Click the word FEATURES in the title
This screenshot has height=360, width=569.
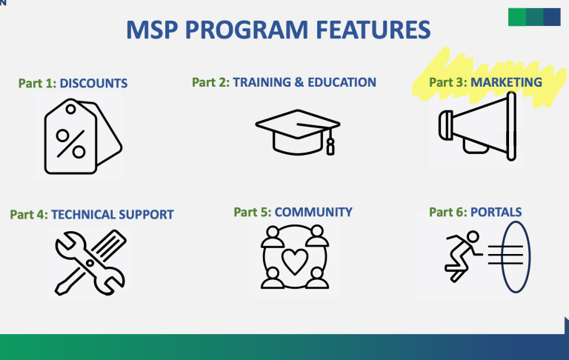[373, 30]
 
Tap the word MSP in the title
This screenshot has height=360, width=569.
[153, 30]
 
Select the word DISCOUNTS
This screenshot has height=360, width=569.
[93, 84]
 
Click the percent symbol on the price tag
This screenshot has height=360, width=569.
[71, 144]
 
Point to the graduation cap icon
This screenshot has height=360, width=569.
[298, 132]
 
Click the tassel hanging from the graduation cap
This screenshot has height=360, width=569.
[330, 144]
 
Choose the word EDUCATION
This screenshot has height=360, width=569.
[342, 82]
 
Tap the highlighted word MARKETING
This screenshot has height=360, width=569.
[506, 82]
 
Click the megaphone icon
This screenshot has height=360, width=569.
[477, 126]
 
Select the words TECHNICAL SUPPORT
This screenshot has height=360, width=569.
[113, 215]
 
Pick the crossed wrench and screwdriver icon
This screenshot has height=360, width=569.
[90, 262]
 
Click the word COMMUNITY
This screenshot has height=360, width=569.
[313, 213]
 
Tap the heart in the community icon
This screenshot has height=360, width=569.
[295, 261]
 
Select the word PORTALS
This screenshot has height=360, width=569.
[496, 213]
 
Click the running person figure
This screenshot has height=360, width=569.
[463, 256]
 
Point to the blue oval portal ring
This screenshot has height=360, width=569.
[502, 257]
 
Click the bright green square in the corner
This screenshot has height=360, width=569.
[516, 17]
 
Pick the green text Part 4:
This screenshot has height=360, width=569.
[29, 215]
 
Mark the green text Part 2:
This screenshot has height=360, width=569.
[211, 82]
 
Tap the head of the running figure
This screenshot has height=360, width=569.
[473, 236]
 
